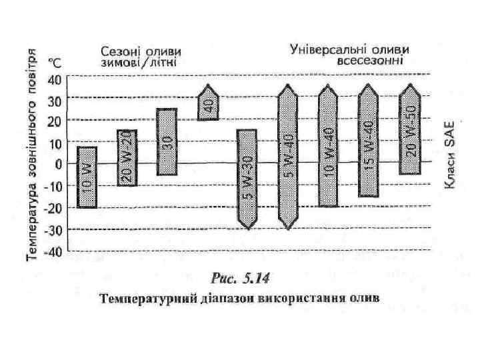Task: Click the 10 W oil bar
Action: tap(87, 177)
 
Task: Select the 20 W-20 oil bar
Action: tap(127, 158)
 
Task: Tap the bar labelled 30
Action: tap(167, 142)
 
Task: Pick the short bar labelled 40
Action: tap(209, 103)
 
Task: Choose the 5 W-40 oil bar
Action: tap(288, 157)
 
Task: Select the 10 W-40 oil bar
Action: tap(328, 146)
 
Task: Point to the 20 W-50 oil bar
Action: tap(410, 130)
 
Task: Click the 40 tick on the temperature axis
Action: tap(54, 79)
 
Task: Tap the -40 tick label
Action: tap(52, 253)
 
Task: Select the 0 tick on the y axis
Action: tap(58, 164)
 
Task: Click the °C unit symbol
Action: tap(54, 63)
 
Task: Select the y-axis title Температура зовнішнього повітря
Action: tap(31, 153)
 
